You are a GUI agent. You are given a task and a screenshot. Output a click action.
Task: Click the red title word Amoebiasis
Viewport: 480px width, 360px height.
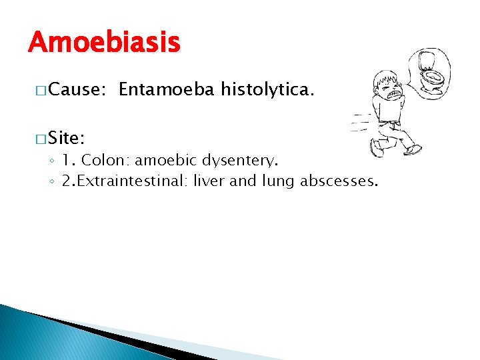[x=104, y=43]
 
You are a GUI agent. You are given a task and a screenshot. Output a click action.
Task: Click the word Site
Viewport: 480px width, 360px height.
[x=65, y=138]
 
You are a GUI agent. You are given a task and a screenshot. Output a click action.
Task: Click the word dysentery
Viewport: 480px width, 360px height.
[x=240, y=161]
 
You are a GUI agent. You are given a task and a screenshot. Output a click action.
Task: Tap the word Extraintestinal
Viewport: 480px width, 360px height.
[x=135, y=181]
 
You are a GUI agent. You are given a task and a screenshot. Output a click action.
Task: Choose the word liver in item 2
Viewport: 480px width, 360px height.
[x=209, y=181]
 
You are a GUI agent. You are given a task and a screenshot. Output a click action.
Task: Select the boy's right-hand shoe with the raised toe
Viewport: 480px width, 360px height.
[x=415, y=149]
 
